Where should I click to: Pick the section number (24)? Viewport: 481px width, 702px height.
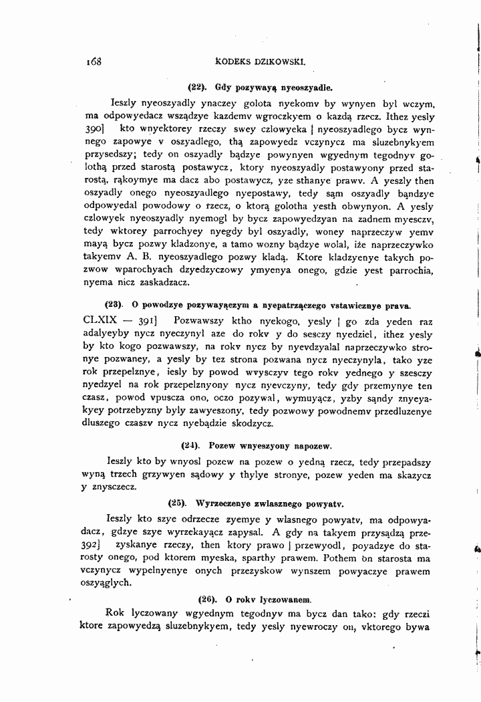pos(190,445)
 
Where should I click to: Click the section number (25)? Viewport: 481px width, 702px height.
pos(177,502)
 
